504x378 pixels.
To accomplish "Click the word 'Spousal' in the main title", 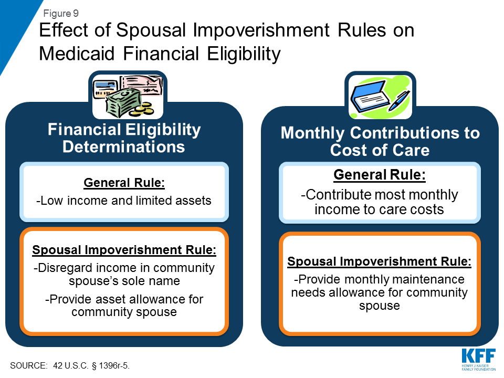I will click(x=144, y=30).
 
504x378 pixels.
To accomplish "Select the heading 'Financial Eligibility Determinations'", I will click(x=124, y=138).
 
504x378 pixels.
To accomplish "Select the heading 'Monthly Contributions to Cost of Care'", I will click(x=380, y=141).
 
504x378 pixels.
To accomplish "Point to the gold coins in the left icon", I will click(x=142, y=109).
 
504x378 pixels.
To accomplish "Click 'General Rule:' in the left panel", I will click(x=124, y=183).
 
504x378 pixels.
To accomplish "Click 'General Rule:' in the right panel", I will click(x=379, y=175).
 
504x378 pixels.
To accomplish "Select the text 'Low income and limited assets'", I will click(x=124, y=200).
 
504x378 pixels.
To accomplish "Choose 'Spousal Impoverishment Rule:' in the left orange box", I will click(x=124, y=250).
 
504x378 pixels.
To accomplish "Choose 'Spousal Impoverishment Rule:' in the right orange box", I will click(x=379, y=261).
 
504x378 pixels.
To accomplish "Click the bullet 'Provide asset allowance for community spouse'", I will click(x=124, y=306).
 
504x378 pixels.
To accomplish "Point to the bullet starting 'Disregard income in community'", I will click(x=124, y=274).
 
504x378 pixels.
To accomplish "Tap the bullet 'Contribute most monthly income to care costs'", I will click(x=379, y=202).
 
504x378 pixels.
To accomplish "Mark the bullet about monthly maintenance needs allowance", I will click(x=379, y=292).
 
